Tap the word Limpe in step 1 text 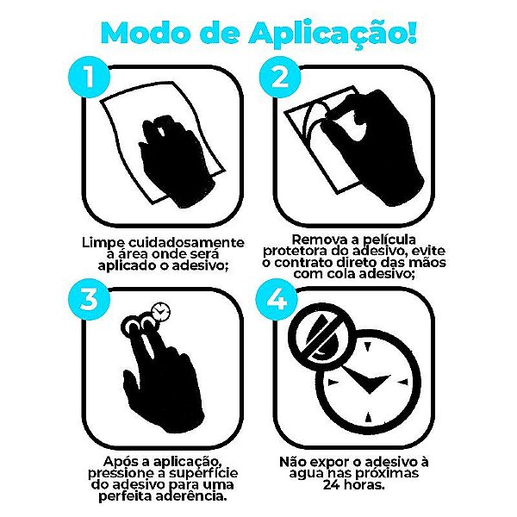106,243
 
